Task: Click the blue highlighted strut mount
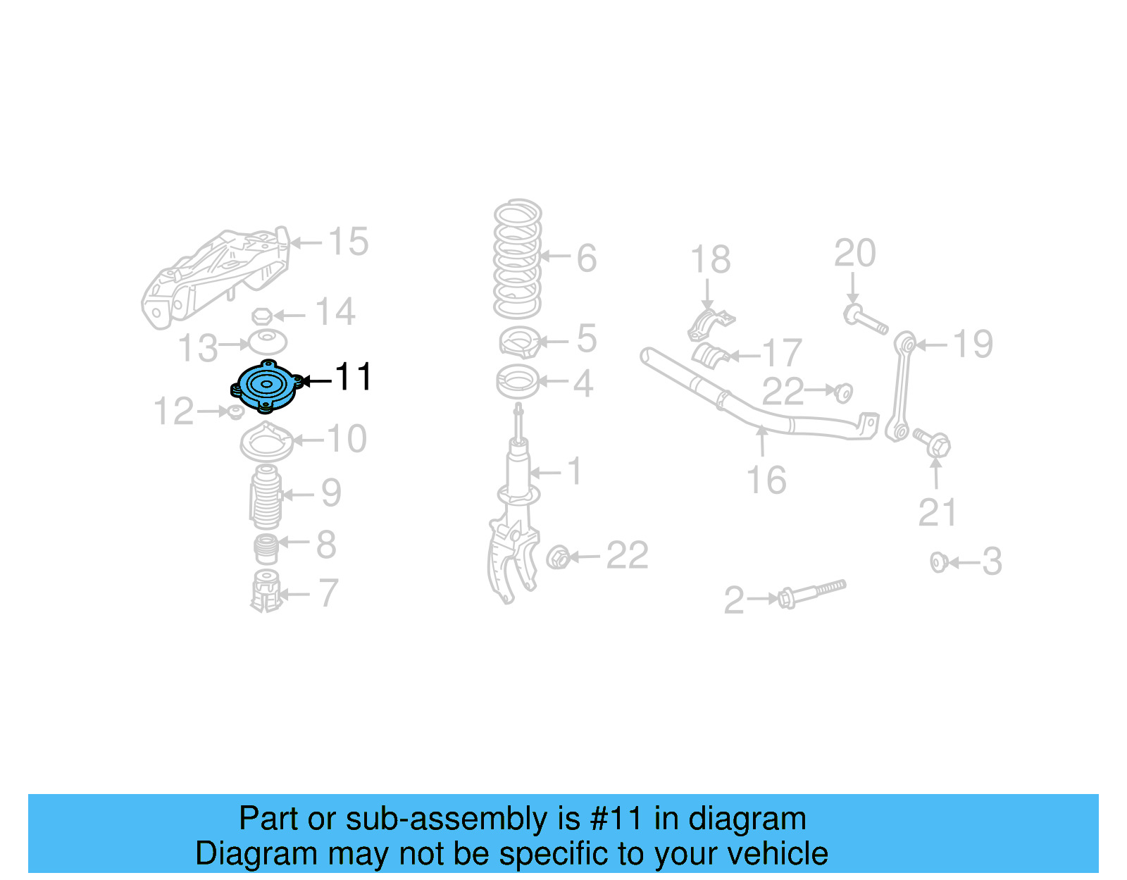click(266, 386)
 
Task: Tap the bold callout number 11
click(354, 378)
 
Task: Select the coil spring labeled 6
click(518, 259)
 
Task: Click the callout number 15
click(348, 242)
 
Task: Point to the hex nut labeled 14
click(262, 316)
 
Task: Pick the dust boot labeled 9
click(266, 497)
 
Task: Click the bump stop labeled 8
click(266, 549)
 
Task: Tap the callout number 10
click(347, 439)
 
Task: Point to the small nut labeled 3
click(938, 562)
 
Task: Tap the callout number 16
click(766, 481)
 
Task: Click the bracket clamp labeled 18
click(710, 325)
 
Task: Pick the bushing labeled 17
click(710, 355)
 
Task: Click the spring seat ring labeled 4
click(518, 382)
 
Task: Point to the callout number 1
click(575, 471)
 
